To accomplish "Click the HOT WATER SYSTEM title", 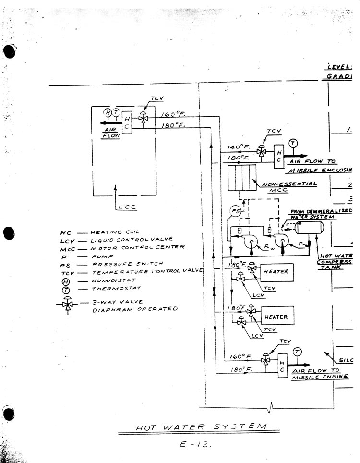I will pyautogui.click(x=201, y=427).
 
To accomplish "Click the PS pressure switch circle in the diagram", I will pyautogui.click(x=236, y=211).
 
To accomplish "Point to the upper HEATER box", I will pyautogui.click(x=277, y=272).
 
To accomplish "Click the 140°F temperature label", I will pyautogui.click(x=237, y=148).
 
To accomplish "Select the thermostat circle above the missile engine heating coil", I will pyautogui.click(x=297, y=352).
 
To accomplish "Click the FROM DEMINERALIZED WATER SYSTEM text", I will pyautogui.click(x=322, y=214).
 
